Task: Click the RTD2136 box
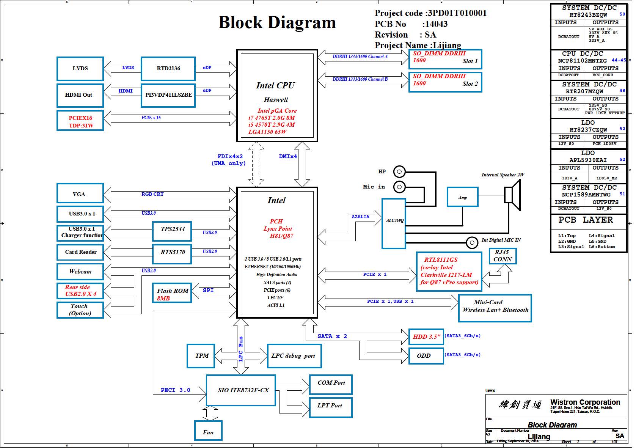click(x=168, y=68)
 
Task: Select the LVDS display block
click(x=80, y=68)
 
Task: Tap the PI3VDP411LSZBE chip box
click(x=168, y=95)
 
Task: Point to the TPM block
click(x=201, y=356)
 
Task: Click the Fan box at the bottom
click(x=208, y=431)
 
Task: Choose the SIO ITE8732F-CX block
click(x=241, y=390)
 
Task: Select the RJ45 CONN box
click(x=503, y=256)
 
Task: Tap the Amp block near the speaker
click(x=463, y=197)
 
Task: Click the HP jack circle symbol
click(x=399, y=171)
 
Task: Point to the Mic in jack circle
click(x=399, y=187)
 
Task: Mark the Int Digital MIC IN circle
click(x=472, y=243)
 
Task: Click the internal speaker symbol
click(x=512, y=195)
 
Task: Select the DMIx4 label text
click(x=288, y=156)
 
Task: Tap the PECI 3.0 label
click(x=175, y=390)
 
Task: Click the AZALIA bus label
click(x=360, y=217)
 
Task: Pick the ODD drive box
click(x=426, y=356)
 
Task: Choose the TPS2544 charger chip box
click(x=172, y=231)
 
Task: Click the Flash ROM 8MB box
click(x=172, y=293)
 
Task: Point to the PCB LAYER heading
click(x=586, y=220)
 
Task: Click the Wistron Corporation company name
click(x=585, y=402)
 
